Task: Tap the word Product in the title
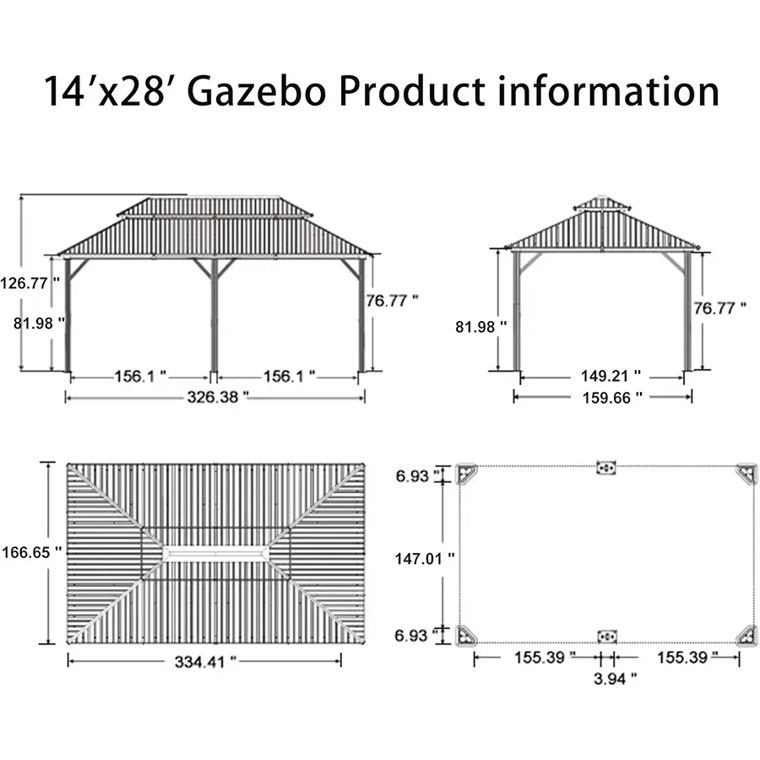tap(413, 90)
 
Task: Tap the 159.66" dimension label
tap(603, 396)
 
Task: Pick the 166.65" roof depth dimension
tap(30, 551)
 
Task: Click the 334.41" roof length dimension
tap(204, 662)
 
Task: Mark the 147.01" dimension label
tap(425, 557)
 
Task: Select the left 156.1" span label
tap(140, 376)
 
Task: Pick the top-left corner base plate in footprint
tap(467, 473)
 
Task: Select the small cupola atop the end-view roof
tap(601, 204)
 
